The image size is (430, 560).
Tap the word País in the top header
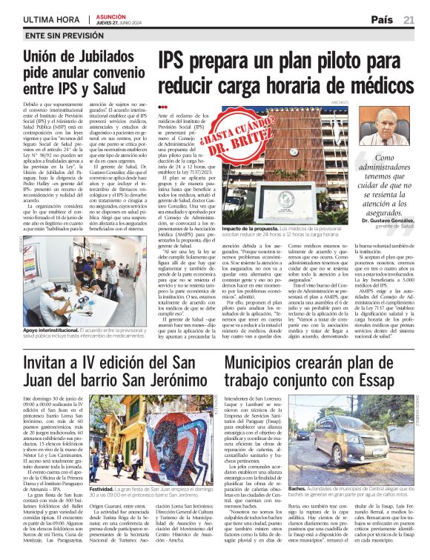click(x=382, y=20)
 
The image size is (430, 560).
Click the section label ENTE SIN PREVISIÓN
click(x=58, y=35)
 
